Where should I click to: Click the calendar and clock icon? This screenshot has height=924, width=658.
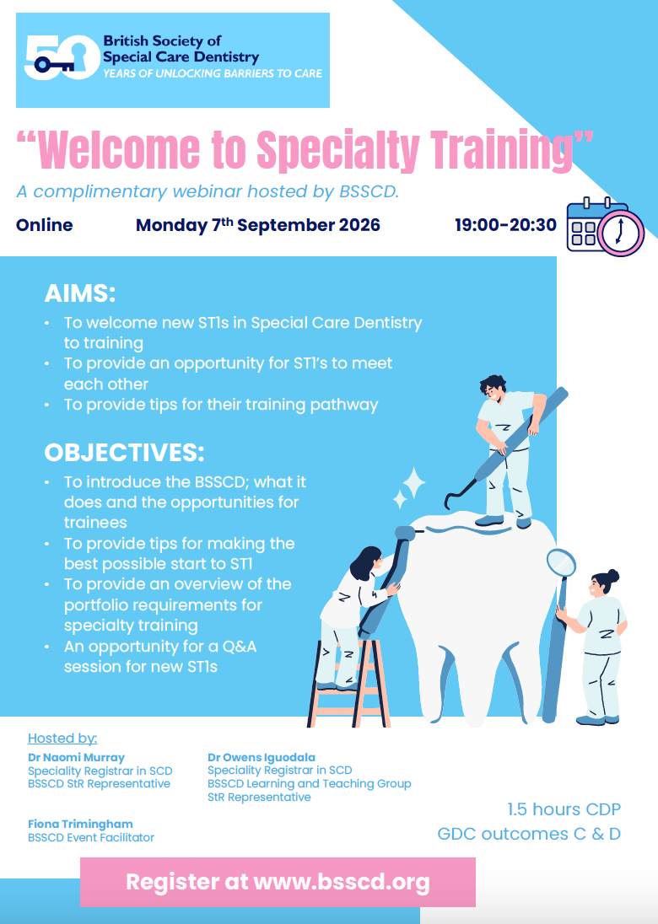click(x=605, y=227)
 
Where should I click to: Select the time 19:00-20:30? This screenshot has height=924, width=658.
click(x=505, y=224)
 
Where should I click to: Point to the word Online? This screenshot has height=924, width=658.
click(x=44, y=225)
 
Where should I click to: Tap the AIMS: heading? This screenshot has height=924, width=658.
click(x=79, y=293)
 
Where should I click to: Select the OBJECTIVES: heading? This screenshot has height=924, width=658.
click(x=124, y=453)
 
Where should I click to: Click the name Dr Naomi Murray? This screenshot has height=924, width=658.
click(x=76, y=757)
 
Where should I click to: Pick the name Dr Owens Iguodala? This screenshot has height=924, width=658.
click(x=262, y=757)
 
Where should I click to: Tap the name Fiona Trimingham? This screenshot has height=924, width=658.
click(x=80, y=824)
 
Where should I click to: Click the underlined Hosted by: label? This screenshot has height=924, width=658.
click(x=62, y=739)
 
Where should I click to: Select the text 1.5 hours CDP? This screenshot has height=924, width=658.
click(x=564, y=809)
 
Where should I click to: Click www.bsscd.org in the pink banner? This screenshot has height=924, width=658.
click(x=342, y=882)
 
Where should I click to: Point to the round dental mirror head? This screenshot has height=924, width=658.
click(x=561, y=563)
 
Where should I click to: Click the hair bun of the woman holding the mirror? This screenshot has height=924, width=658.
click(x=612, y=575)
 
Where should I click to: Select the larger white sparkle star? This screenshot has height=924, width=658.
click(x=414, y=484)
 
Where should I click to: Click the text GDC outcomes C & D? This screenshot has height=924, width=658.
click(x=529, y=834)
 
